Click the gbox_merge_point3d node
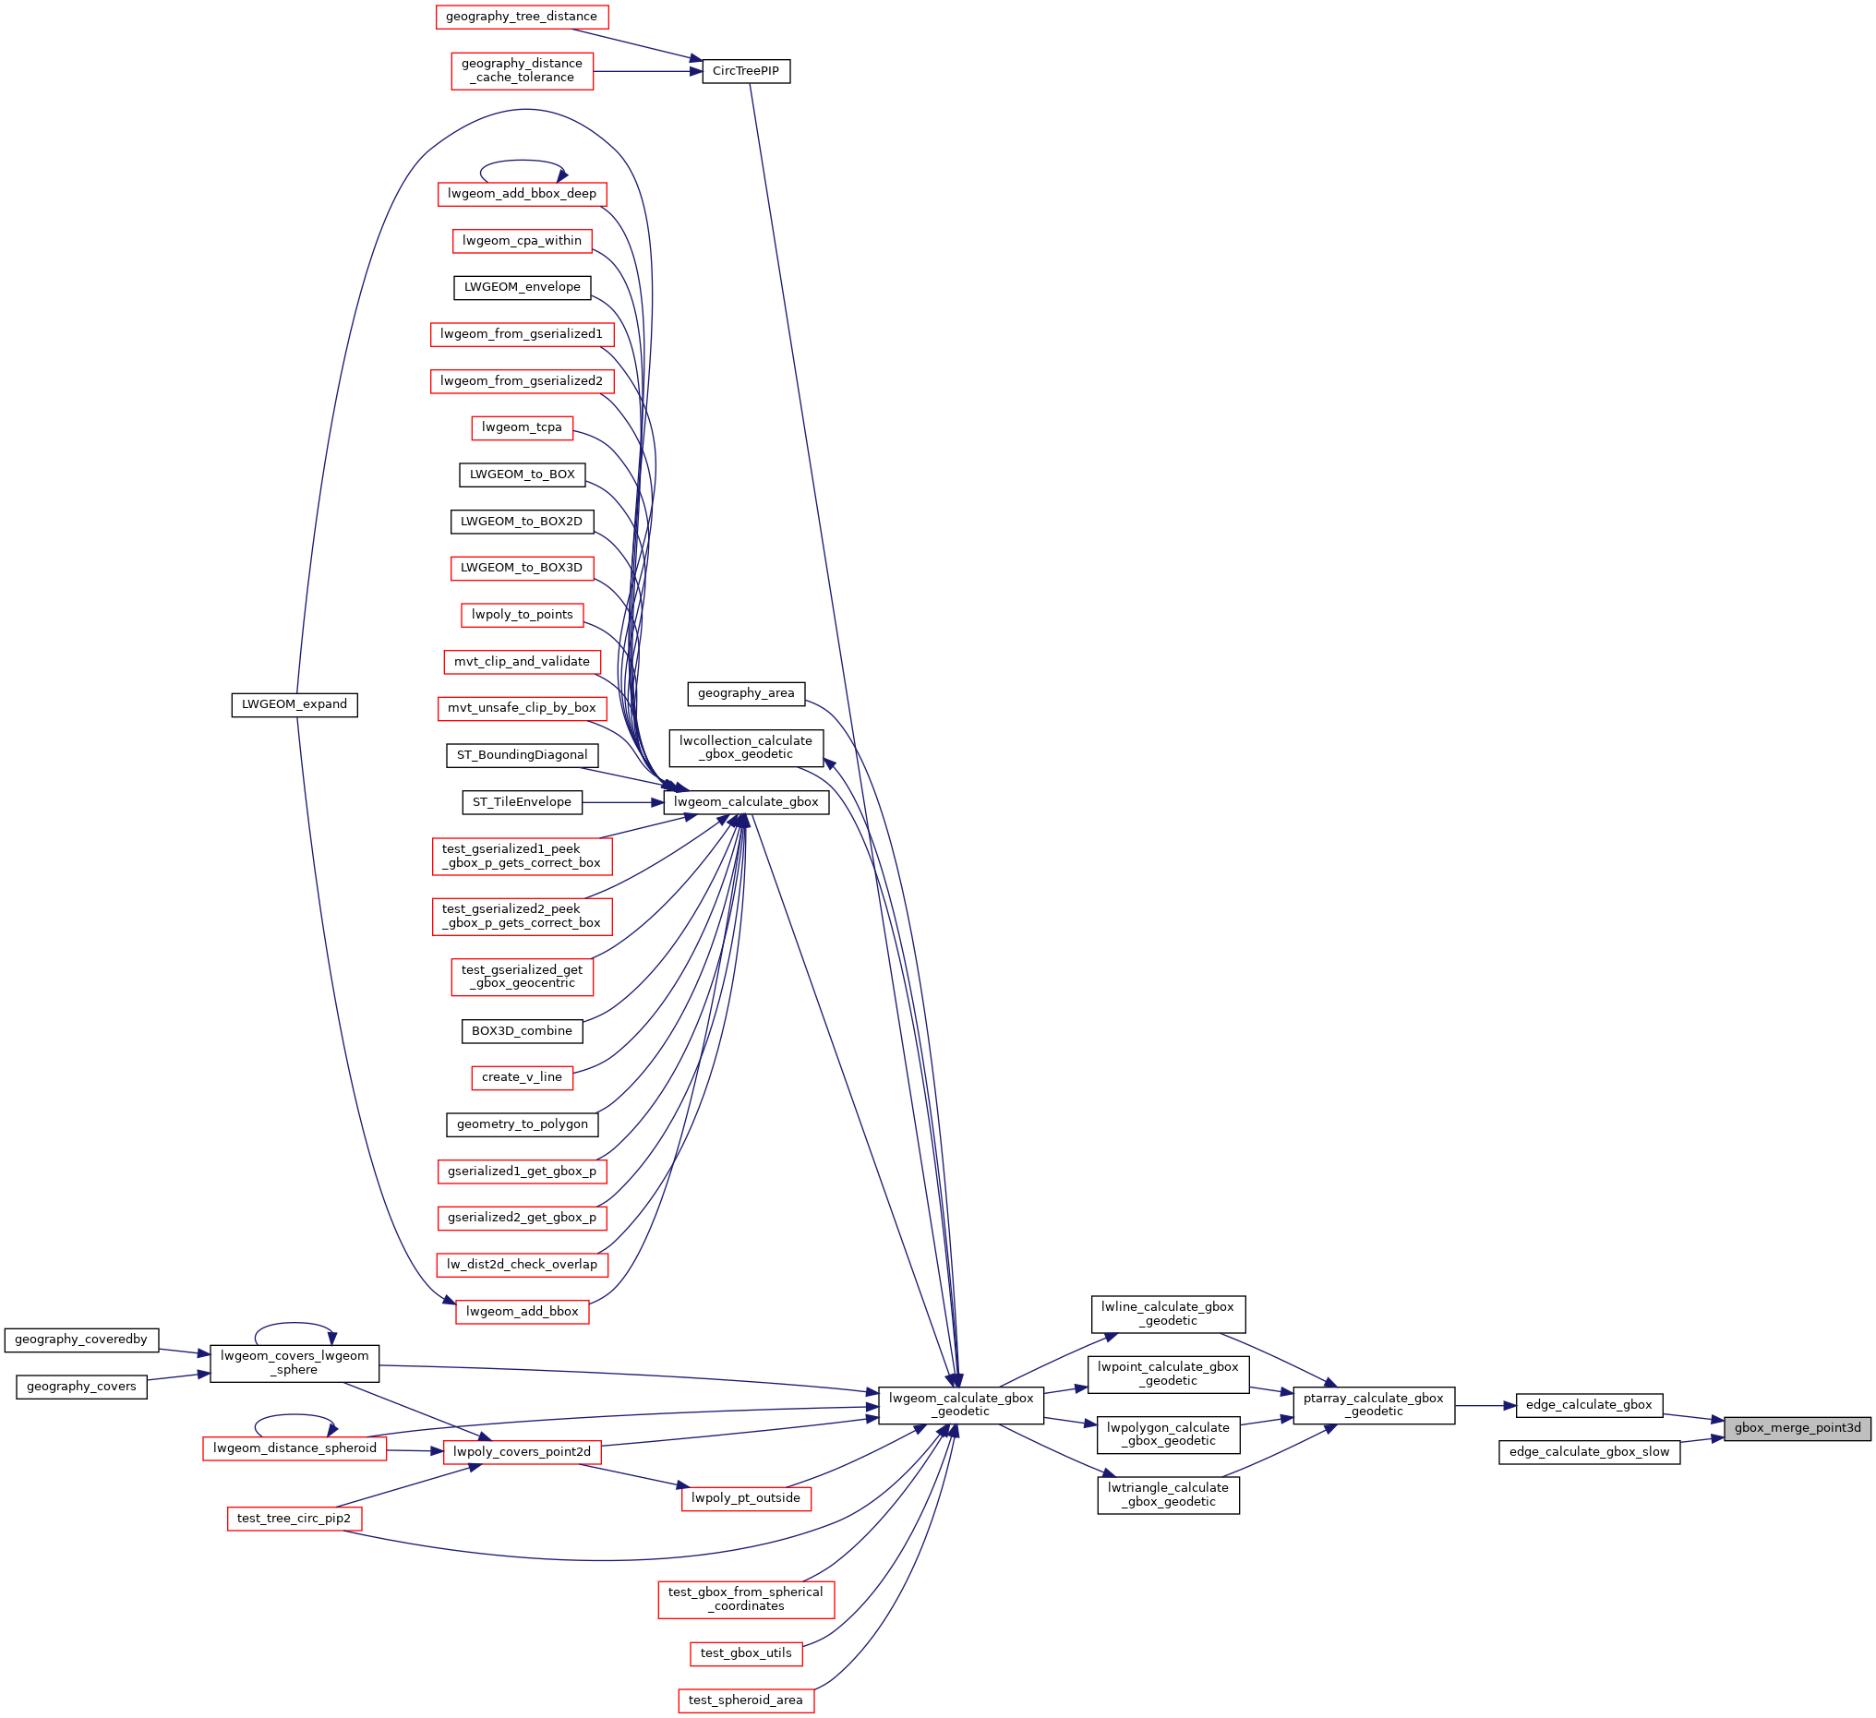1797,1427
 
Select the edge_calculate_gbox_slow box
1589,1452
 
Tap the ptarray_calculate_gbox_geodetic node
1374,1404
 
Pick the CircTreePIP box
745,71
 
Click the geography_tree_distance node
521,17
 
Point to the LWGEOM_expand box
295,704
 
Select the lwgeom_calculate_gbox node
745,802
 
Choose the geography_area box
745,693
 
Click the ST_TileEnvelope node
521,802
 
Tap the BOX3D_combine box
521,1031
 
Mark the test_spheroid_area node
745,1700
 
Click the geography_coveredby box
81,1340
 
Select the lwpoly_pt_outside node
745,1498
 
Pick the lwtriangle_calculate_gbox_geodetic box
1168,1495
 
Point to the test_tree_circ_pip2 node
295,1519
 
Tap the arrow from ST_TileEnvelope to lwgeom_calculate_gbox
622,802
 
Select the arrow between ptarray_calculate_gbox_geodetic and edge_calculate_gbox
1485,1405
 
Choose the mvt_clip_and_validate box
521,662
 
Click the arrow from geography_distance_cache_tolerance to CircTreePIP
648,71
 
